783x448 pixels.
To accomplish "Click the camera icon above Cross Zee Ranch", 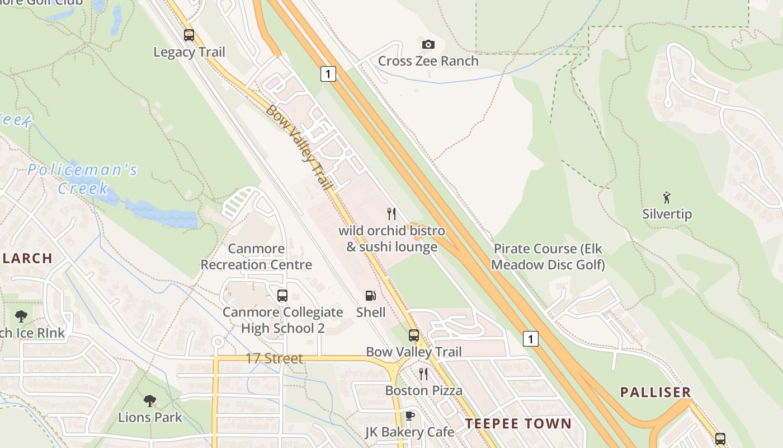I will [428, 44].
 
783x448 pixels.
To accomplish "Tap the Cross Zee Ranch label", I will [428, 60].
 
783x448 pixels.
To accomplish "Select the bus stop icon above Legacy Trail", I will [189, 35].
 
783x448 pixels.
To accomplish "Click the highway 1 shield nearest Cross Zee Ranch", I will [328, 73].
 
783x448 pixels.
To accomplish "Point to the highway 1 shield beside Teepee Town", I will [531, 338].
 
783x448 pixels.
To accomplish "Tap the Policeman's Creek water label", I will [82, 178].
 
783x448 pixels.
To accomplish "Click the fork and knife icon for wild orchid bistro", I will [391, 213].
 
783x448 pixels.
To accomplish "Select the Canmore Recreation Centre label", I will [256, 256].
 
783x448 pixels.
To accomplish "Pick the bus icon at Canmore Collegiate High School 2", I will [282, 295].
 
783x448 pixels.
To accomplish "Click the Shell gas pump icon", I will [370, 295].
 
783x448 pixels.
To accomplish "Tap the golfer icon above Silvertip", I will [667, 197].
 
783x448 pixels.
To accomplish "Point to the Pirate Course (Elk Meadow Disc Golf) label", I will [549, 256].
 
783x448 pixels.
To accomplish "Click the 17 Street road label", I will [274, 358].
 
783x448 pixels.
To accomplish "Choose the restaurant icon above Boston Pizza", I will [423, 374].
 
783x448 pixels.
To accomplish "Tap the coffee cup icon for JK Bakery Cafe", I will [409, 416].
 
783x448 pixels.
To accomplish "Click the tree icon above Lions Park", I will [149, 400].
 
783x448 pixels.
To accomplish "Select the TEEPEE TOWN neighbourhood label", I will [518, 423].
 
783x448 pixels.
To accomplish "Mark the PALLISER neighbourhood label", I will [655, 392].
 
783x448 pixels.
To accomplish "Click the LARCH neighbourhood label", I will [27, 258].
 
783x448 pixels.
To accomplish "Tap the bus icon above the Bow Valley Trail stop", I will [413, 335].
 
